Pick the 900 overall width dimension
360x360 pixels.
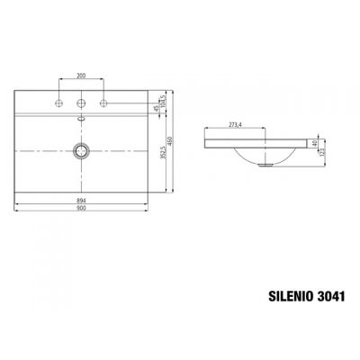(83, 211)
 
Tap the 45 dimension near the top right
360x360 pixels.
(157, 109)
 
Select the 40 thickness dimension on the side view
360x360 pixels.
(314, 142)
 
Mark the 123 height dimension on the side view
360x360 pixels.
(322, 152)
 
